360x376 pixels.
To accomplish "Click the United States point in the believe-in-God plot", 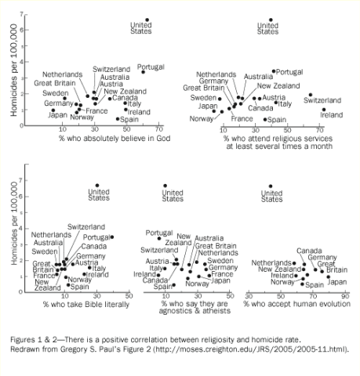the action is coord(147,20).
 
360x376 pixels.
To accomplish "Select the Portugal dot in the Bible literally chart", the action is coord(112,237).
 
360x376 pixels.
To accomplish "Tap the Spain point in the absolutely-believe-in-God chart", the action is coord(118,119).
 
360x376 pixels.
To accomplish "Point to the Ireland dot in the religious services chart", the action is coord(324,110).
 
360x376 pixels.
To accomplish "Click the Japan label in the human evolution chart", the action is coord(337,282).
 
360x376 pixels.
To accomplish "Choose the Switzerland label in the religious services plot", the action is coord(322,100).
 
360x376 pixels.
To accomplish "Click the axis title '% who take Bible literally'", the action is coord(86,305).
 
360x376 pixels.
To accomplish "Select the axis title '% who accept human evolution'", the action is coord(297,304).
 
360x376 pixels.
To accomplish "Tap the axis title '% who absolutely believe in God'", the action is coord(115,138).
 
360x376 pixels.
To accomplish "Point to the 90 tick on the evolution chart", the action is coord(345,296).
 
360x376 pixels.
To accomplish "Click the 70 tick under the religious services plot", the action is coord(320,130).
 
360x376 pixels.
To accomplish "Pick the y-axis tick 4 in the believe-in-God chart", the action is coord(21,62).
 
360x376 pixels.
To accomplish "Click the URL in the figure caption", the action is coord(251,349).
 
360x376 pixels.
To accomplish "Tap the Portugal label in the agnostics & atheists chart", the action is coord(159,233).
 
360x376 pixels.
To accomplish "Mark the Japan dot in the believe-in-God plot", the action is coord(53,110).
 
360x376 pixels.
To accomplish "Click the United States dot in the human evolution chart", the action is coord(271,186).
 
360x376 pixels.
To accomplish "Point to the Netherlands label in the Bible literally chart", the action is coord(51,235).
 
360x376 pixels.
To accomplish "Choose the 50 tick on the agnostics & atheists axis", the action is coord(230,296).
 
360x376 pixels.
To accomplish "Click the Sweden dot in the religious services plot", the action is coord(220,99).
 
